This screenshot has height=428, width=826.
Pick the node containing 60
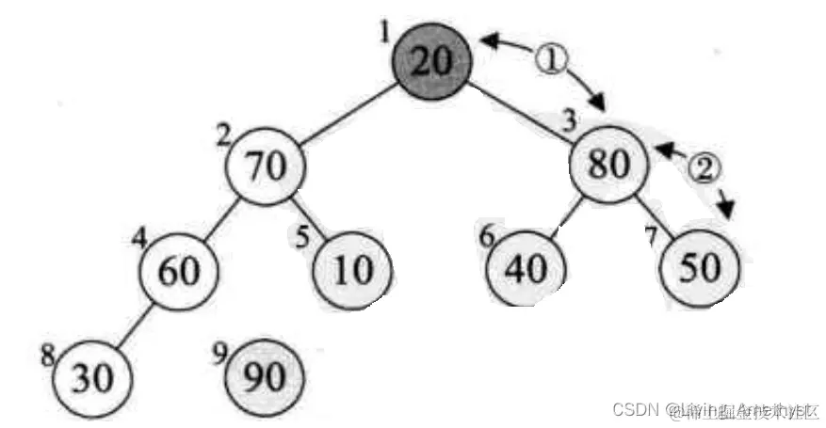coord(178,271)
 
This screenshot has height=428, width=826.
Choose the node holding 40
coord(526,270)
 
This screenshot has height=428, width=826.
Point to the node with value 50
coord(700,270)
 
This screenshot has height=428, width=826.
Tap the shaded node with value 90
coord(266,377)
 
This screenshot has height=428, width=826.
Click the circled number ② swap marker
coord(703,167)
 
